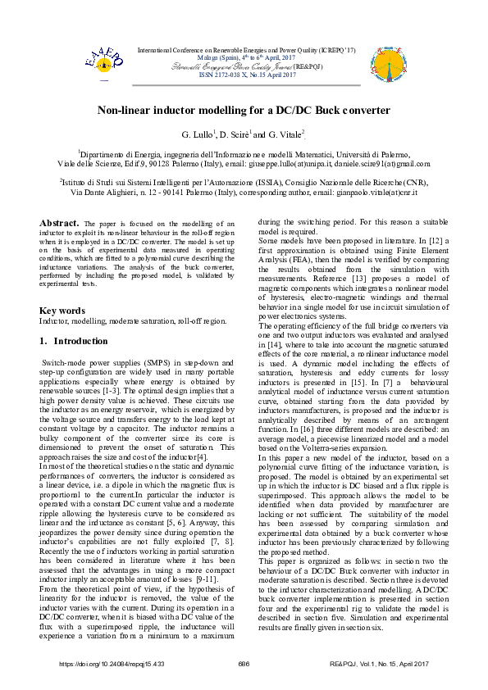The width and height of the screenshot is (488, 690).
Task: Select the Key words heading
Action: click(62, 311)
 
